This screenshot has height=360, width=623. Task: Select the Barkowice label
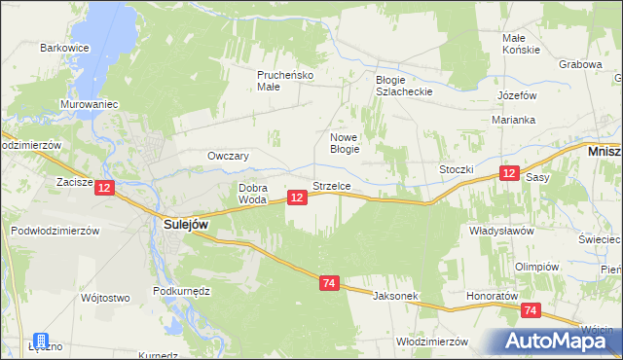coord(64,47)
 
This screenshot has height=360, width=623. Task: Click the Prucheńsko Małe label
coord(281,80)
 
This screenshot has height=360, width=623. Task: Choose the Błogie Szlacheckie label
coord(403,86)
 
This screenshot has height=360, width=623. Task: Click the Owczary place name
coord(229,156)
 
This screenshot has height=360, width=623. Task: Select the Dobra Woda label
coord(252,194)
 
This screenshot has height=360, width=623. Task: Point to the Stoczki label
coord(456,168)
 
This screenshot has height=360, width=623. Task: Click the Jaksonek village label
coord(393,294)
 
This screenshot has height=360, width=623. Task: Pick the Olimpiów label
coord(536,267)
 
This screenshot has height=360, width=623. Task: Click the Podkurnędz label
coord(182,291)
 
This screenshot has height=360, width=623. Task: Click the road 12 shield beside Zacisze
coord(106,186)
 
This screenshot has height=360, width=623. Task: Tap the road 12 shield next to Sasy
coord(509,173)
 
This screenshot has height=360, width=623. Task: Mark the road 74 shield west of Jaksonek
coord(329,282)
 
